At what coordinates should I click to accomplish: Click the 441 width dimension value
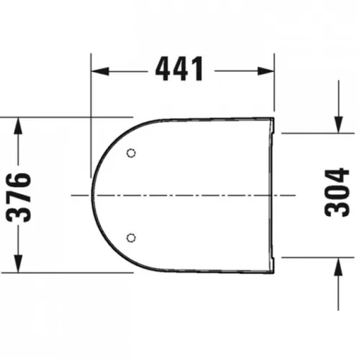[x=179, y=69]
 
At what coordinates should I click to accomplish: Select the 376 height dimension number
[x=19, y=197]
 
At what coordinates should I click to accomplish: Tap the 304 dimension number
[x=337, y=192]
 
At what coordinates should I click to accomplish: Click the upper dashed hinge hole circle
[x=131, y=153]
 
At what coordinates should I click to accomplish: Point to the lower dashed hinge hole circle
[x=131, y=238]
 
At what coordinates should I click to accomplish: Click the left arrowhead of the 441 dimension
[x=100, y=71]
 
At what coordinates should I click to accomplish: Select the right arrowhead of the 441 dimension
[x=266, y=71]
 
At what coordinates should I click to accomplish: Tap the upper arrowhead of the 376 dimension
[x=18, y=126]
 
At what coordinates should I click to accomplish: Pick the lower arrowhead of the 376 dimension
[x=18, y=264]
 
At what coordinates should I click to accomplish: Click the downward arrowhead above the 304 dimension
[x=338, y=124]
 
